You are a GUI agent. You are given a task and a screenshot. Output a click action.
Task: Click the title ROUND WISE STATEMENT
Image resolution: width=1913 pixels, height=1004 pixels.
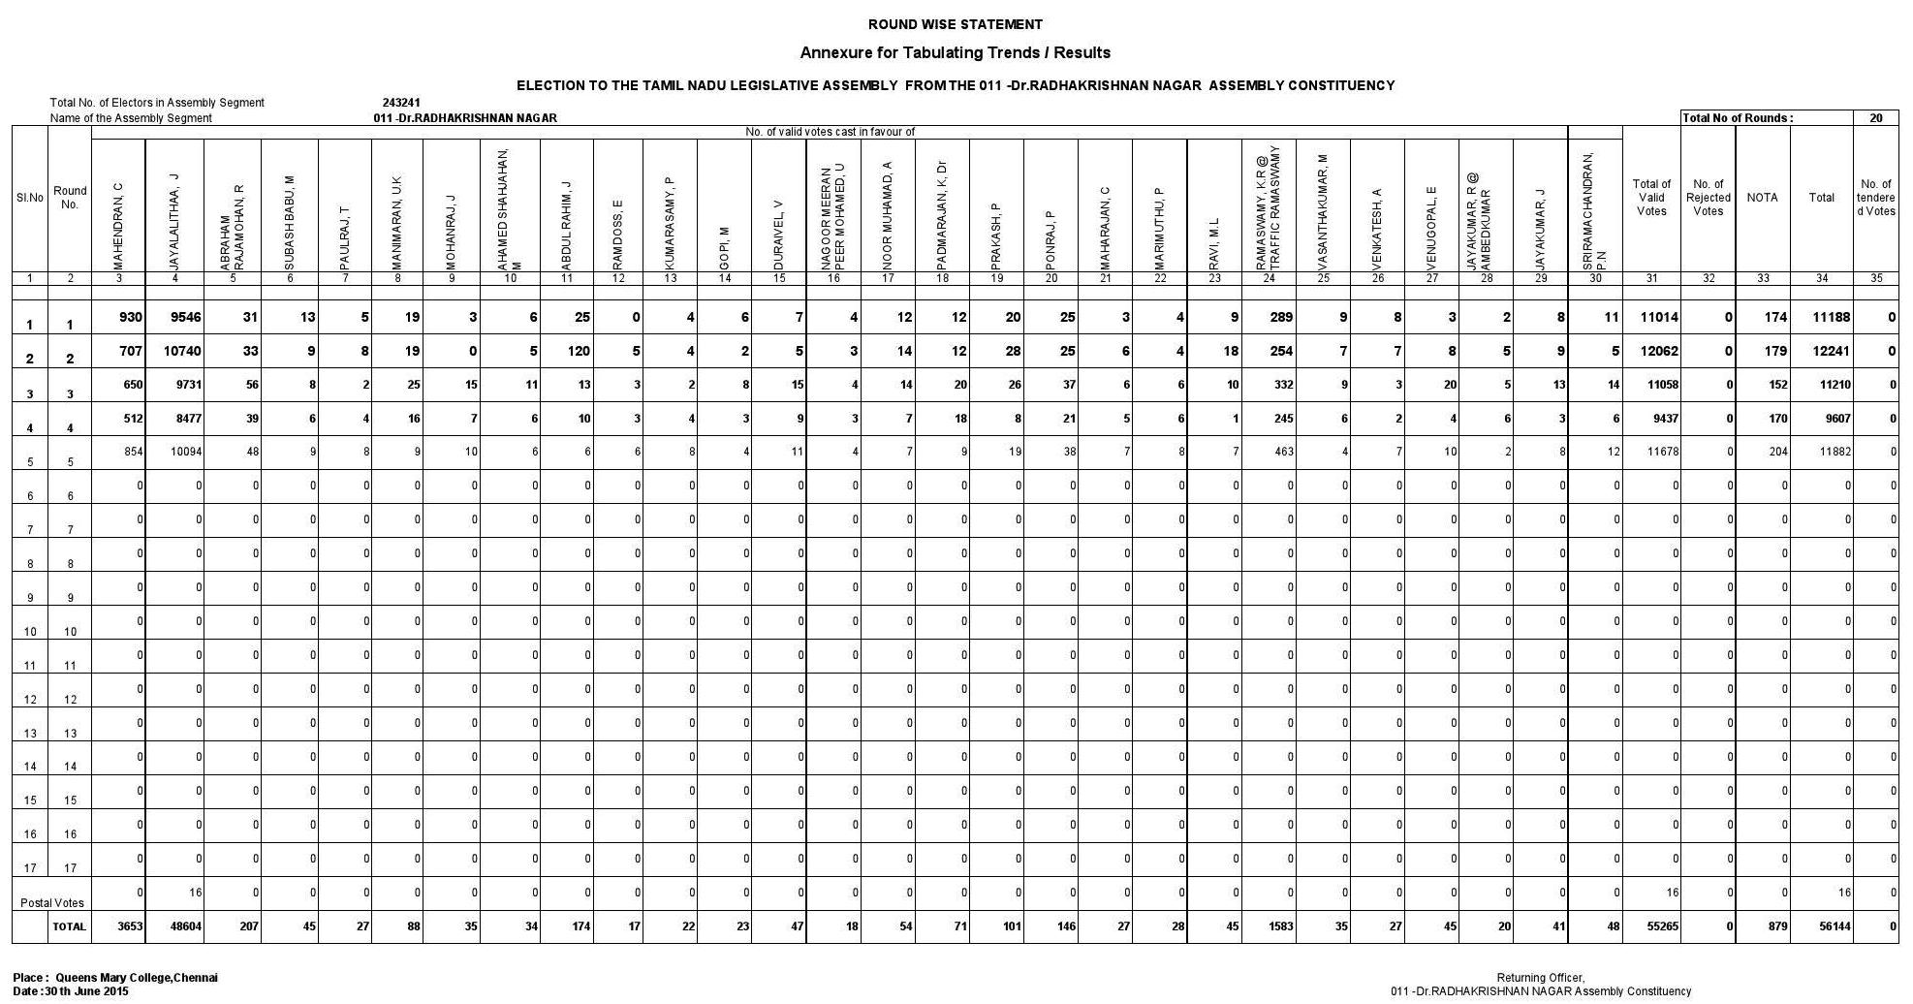(x=955, y=24)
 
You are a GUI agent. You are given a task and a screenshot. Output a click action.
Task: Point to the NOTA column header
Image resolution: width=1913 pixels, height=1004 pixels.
(x=1762, y=198)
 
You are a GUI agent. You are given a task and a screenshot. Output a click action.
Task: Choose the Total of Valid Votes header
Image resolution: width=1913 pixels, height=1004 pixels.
(x=1651, y=198)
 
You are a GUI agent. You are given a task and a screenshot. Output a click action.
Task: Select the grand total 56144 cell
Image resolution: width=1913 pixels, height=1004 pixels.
(x=1835, y=926)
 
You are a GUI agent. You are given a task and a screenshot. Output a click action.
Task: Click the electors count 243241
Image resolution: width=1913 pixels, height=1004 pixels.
(x=401, y=103)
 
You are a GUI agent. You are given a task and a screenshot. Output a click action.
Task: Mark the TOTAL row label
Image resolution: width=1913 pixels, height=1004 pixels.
(x=69, y=926)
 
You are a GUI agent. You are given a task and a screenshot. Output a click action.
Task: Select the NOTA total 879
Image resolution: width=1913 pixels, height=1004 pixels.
(x=1776, y=926)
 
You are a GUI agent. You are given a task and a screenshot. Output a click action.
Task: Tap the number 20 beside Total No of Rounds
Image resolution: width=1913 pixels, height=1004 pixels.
(x=1876, y=118)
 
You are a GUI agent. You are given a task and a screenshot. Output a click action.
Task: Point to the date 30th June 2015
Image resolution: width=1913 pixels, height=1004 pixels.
(x=86, y=991)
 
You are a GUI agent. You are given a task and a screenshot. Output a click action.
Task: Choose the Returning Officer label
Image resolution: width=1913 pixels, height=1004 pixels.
(x=1540, y=978)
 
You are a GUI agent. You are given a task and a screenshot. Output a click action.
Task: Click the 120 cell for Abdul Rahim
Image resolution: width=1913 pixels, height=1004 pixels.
(x=578, y=352)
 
